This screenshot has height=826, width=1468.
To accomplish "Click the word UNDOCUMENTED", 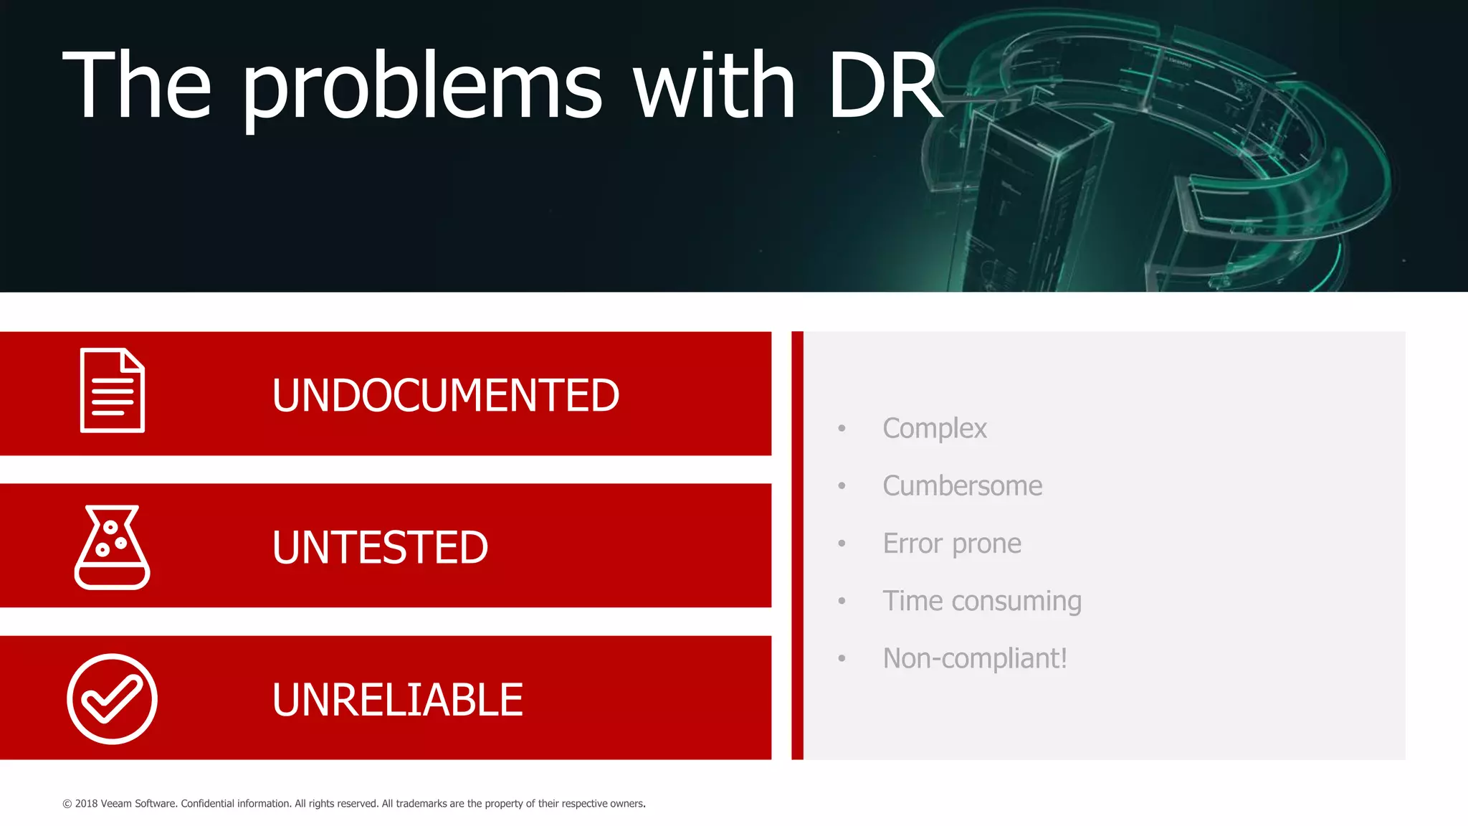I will pyautogui.click(x=445, y=395).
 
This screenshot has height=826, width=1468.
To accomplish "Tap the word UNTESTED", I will pyautogui.click(x=380, y=547).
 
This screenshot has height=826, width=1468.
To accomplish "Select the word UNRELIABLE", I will pyautogui.click(x=397, y=700).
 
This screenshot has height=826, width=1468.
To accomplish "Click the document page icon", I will pyautogui.click(x=113, y=391).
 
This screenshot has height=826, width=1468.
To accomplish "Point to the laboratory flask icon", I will pyautogui.click(x=112, y=547).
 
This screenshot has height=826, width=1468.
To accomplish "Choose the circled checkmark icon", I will pyautogui.click(x=112, y=699).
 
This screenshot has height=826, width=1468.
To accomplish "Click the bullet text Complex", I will pyautogui.click(x=934, y=429).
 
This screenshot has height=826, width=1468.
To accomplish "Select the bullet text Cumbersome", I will pyautogui.click(x=962, y=486).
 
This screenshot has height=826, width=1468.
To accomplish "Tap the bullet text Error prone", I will pyautogui.click(x=951, y=543).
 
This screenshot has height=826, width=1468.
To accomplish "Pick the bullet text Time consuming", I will pyautogui.click(x=981, y=601).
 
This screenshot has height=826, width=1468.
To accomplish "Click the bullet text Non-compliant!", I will pyautogui.click(x=974, y=658).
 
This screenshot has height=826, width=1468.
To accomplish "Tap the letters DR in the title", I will pyautogui.click(x=885, y=86).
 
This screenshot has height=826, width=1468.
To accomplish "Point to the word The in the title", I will pyautogui.click(x=137, y=86).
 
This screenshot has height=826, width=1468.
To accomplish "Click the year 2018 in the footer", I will pyautogui.click(x=86, y=804).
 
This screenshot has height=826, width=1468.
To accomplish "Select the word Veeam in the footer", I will pyautogui.click(x=116, y=804).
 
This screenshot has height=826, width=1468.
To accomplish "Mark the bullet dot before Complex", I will pyautogui.click(x=842, y=429).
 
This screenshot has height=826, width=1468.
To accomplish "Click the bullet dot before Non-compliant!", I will pyautogui.click(x=842, y=658).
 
